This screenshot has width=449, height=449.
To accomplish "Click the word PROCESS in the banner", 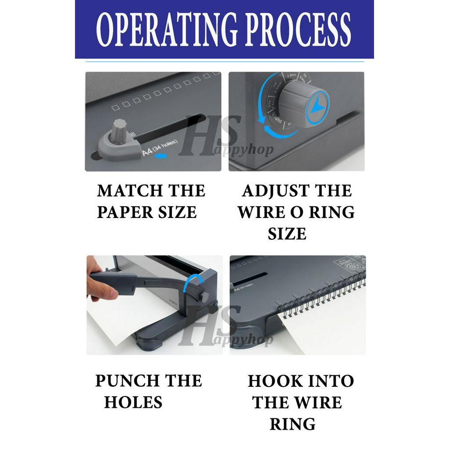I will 298,30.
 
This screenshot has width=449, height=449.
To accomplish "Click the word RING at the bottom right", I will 292,424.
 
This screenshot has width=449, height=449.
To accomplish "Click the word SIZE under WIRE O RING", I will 287,233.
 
